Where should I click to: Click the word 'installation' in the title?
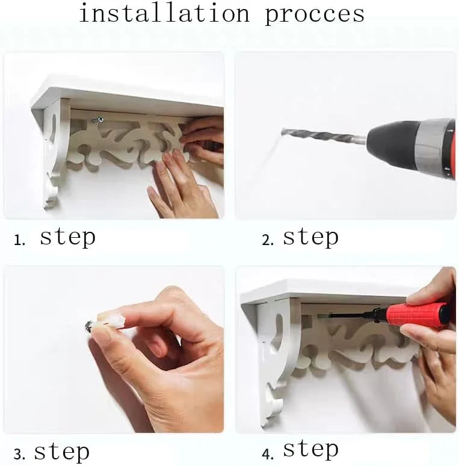coord(164,14)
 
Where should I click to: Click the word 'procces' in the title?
coord(315,16)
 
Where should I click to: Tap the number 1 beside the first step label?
coord(19,240)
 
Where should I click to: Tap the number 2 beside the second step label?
coord(268,240)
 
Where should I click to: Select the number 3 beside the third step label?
coord(19,455)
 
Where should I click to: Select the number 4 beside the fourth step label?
coord(268,454)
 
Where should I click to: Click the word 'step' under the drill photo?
coord(310,238)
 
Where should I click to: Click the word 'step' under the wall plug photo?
coord(62,452)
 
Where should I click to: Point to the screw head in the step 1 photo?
coord(100,120)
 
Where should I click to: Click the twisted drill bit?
coord(324,136)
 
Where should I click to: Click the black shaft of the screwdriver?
coord(353,315)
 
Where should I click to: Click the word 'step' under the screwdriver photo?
coord(310,449)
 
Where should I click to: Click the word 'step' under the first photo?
coord(68,238)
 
